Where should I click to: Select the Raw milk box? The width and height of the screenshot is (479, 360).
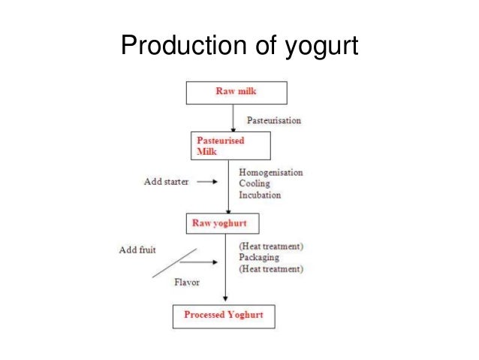point(236,92)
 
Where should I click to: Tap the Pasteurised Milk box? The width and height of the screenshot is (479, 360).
point(226,145)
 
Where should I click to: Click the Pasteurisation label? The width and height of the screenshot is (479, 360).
point(276,119)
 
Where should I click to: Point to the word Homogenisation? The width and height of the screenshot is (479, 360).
point(271,172)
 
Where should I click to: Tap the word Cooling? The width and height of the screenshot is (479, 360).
point(255,183)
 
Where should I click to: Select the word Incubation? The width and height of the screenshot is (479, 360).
point(260,195)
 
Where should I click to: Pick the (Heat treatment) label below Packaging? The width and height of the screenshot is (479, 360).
point(271,268)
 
